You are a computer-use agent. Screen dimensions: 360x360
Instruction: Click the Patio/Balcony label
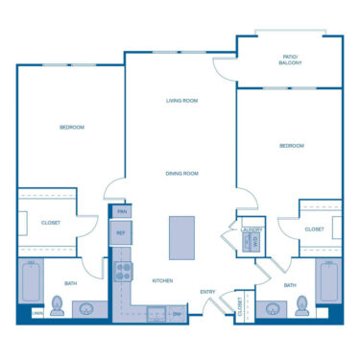pos(289,60)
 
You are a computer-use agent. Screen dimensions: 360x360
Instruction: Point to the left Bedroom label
pos(72,128)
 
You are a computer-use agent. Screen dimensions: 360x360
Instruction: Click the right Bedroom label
pos(291,146)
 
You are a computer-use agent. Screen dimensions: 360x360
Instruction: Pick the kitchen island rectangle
pos(181,237)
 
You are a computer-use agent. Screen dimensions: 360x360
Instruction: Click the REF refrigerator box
pos(122,232)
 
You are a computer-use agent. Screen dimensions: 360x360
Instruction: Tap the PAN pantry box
pos(122,211)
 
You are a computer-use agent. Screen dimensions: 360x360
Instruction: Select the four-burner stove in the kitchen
pos(124,272)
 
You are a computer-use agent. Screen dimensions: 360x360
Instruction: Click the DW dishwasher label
pos(177,313)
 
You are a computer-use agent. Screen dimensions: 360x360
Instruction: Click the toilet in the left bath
pos(58,306)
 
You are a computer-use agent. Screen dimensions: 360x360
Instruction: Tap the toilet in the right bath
pos(303,306)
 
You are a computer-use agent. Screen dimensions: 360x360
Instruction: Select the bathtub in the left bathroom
pos(31,282)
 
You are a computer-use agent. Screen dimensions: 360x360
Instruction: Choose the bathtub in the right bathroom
pos(328,282)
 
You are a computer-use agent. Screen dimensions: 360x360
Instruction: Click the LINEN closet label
pos(37,313)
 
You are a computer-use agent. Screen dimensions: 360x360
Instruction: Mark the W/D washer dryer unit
pos(252,243)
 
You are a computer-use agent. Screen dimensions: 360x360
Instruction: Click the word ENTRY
pos(207,292)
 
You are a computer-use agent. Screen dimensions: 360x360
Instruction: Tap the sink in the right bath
pos(274,309)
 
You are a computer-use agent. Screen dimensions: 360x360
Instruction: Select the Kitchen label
pos(162,280)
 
